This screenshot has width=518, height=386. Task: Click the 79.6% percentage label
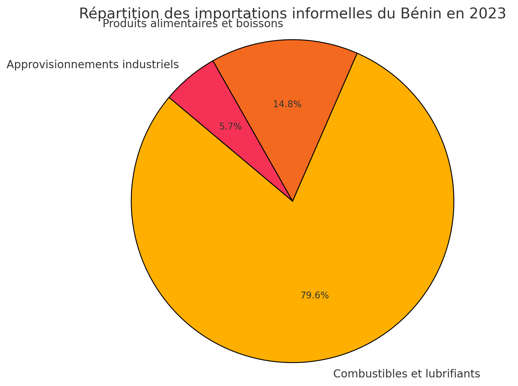pyautogui.click(x=315, y=295)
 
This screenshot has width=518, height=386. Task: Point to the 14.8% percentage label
pyautogui.click(x=287, y=104)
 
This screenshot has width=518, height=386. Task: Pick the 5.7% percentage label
pyautogui.click(x=230, y=127)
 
